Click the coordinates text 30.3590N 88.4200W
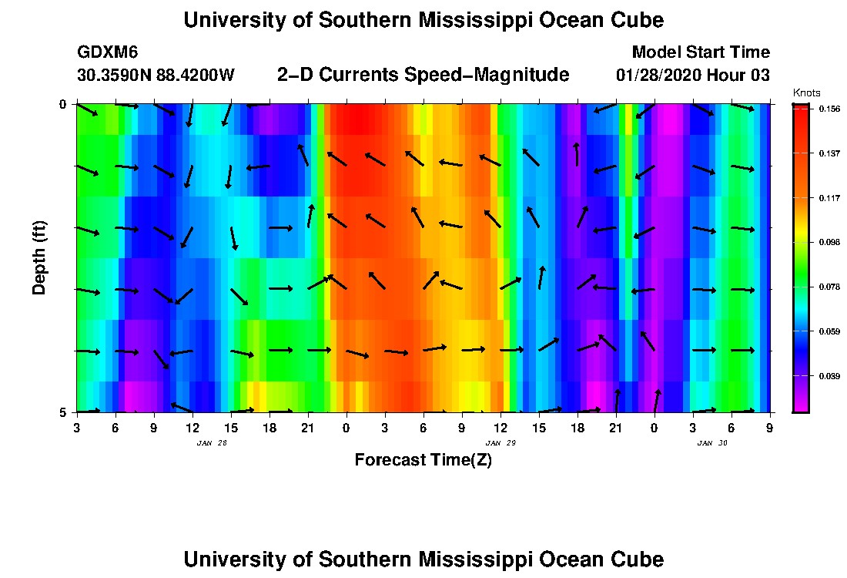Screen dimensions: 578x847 (x=156, y=76)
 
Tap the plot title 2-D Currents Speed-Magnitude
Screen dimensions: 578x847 (x=423, y=75)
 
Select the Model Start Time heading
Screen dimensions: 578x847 (x=700, y=52)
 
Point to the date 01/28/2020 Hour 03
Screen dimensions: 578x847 (x=692, y=76)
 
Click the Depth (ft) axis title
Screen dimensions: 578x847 (x=39, y=257)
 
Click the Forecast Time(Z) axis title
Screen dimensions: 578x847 (x=423, y=460)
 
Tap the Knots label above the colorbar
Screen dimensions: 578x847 (x=806, y=93)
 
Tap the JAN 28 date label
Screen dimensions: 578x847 (x=212, y=443)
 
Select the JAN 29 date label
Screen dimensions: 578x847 (x=500, y=443)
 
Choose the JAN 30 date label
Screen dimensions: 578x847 (x=711, y=443)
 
